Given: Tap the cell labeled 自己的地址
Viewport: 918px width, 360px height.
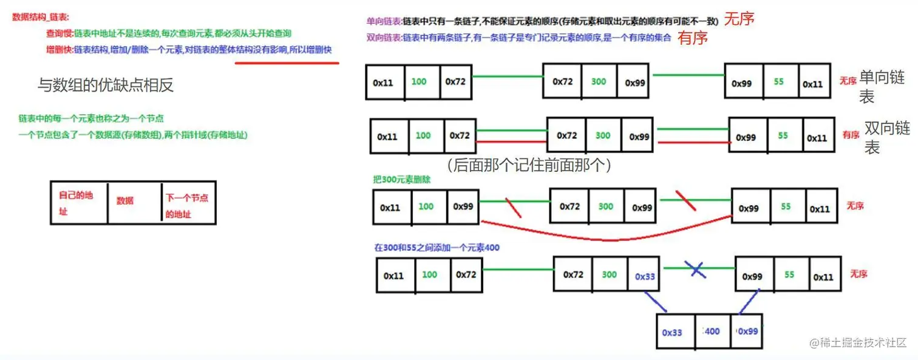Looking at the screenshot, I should point(78,203).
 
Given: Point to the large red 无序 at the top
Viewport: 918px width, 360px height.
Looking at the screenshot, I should point(739,19).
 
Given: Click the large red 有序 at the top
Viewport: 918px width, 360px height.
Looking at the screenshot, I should point(693,38).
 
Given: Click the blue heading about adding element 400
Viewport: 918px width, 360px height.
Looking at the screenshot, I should point(437,248).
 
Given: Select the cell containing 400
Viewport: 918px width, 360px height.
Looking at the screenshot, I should point(712,331).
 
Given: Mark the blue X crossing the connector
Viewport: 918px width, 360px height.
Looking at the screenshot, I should point(698,269).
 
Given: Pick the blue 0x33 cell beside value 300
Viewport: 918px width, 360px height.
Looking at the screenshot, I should point(645,276).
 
